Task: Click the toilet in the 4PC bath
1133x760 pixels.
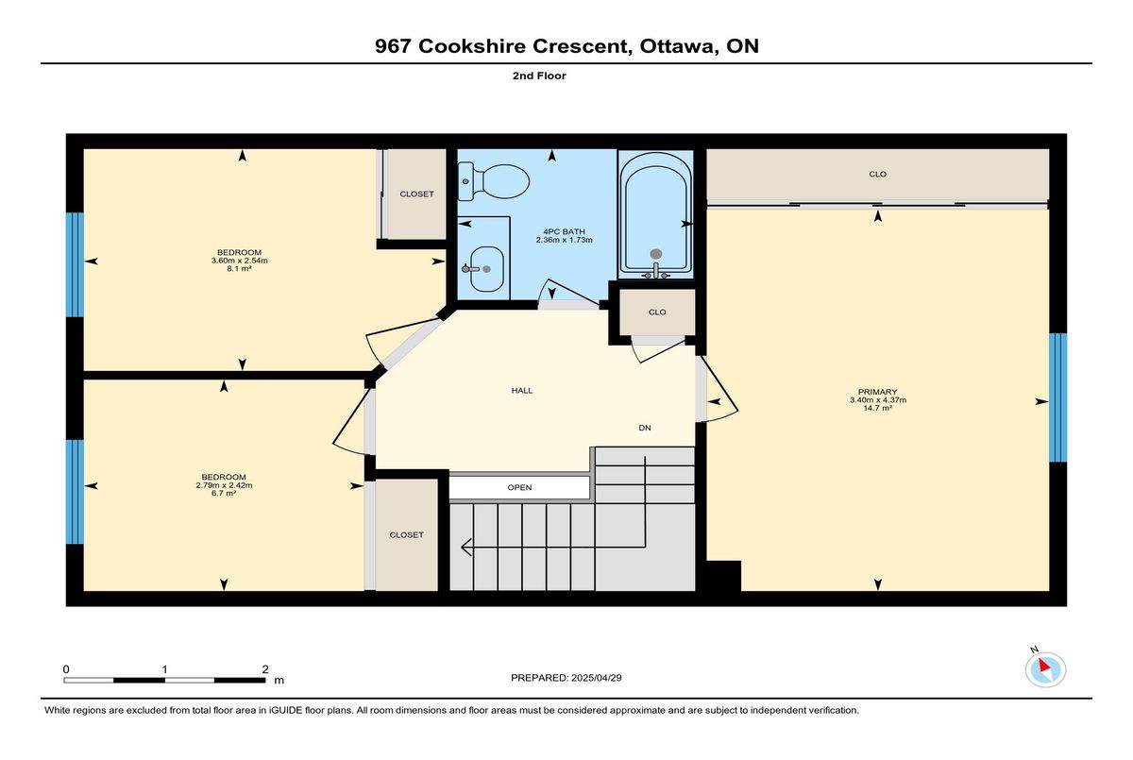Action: pos(493,181)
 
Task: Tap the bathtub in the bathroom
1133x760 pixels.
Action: pos(656,215)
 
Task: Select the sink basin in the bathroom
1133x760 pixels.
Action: pos(486,269)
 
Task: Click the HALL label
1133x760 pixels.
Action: pos(522,390)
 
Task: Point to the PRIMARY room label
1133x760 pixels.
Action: pos(877,392)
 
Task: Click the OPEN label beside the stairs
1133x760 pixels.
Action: pos(519,487)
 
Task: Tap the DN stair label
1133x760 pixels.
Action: pos(644,428)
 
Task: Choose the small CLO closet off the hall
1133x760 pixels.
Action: pos(657,312)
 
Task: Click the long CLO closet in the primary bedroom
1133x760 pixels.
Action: pos(877,175)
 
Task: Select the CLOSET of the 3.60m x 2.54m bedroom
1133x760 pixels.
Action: pos(416,194)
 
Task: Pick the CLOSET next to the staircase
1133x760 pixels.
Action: pos(406,535)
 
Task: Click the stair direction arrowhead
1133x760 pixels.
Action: pos(465,548)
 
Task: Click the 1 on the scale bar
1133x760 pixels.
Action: pos(164,669)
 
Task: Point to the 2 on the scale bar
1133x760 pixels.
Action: pos(265,669)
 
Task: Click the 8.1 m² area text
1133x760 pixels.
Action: pos(239,269)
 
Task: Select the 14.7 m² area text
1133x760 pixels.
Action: pos(877,408)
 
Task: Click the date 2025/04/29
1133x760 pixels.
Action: pos(597,678)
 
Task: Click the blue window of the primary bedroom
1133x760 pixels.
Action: pos(1057,397)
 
